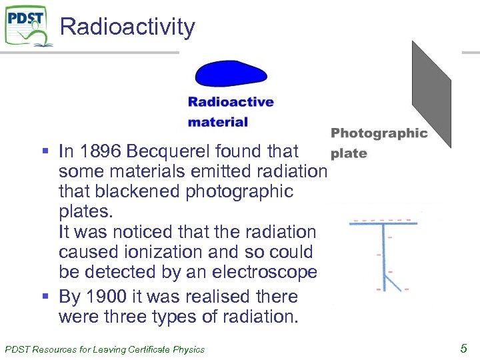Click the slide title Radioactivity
[x=127, y=27]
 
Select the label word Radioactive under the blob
[x=231, y=102]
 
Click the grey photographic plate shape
[x=431, y=93]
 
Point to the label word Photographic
[x=379, y=133]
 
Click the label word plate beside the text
[x=349, y=153]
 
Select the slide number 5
[x=463, y=347]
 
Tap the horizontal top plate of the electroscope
[x=383, y=224]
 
